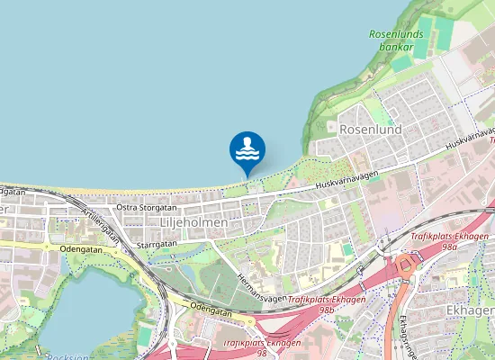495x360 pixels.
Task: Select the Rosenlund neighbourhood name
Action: (369, 129)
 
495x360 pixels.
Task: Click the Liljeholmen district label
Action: (193, 221)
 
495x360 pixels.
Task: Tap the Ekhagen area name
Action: (469, 310)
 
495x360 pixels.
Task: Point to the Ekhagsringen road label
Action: (404, 337)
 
